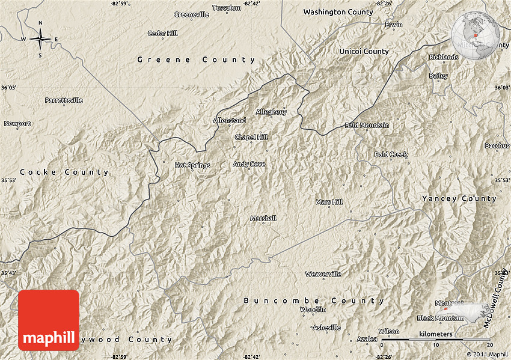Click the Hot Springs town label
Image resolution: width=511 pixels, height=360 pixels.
tap(192, 165)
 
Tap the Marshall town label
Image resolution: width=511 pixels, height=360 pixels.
tap(263, 218)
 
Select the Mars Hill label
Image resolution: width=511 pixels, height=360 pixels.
tap(329, 202)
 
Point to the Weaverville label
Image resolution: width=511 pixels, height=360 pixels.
tap(323, 274)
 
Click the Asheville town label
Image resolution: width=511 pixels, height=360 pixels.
tap(326, 328)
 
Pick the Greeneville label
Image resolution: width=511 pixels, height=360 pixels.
tap(191, 14)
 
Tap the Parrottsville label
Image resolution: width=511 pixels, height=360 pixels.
tap(64, 100)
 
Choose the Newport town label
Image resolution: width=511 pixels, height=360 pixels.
tap(17, 124)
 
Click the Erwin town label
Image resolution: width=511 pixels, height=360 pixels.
tap(393, 25)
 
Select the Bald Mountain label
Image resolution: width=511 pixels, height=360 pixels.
tap(366, 125)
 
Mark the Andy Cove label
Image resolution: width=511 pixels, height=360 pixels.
tap(249, 163)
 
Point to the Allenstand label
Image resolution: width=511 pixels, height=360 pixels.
tap(229, 121)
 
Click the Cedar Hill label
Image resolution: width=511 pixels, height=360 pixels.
tap(162, 33)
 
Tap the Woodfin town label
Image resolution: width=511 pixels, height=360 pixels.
tap(313, 310)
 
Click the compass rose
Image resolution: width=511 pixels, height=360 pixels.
tap(40, 40)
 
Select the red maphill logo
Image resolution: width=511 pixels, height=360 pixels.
tap(49, 320)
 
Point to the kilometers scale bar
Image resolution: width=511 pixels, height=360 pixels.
tap(437, 340)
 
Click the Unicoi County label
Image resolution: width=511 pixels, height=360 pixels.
tap(364, 52)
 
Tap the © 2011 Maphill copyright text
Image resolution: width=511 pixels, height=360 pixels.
tap(486, 355)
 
